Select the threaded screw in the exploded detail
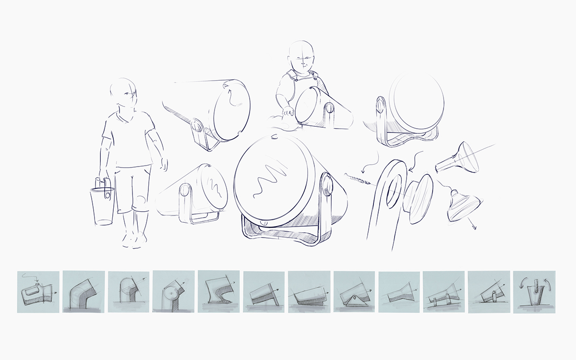tap(358, 179)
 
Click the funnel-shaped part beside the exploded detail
tap(458, 158)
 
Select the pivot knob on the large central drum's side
tap(327, 185)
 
